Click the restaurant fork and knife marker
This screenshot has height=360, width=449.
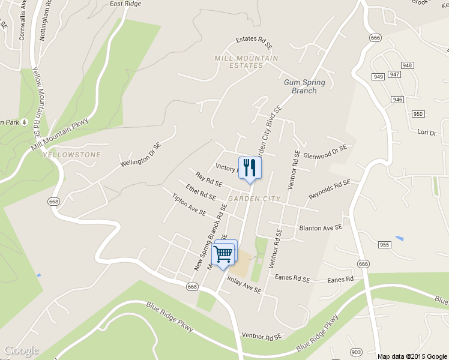tap(250, 167)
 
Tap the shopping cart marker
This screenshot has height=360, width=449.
tap(224, 254)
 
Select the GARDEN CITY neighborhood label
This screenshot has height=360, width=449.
tap(251, 199)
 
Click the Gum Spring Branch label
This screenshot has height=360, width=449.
tap(304, 86)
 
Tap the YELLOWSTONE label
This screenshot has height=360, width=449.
tap(72, 155)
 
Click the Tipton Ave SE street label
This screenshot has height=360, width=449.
tap(188, 205)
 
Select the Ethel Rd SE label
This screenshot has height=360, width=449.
tap(200, 191)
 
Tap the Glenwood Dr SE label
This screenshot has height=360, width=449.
tap(325, 152)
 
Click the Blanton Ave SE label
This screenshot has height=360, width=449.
tap(321, 228)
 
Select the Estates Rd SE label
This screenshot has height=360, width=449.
tap(254, 41)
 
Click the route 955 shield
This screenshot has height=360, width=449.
tap(385, 245)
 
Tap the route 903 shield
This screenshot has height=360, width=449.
tap(355, 352)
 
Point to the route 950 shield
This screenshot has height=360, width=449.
tap(418, 114)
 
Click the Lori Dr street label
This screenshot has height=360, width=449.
tap(425, 131)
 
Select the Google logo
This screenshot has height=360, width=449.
tap(21, 350)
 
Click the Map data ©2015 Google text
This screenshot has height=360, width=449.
tap(412, 356)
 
